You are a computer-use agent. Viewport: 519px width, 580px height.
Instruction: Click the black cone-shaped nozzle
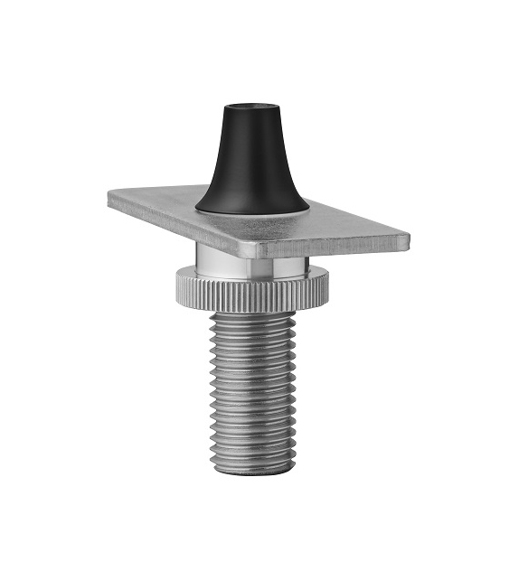[251, 167]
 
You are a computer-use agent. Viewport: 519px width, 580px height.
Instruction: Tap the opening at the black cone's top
[249, 110]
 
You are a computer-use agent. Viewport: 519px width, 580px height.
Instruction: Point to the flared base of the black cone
[252, 202]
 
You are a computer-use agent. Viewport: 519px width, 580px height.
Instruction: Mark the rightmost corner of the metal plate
[407, 239]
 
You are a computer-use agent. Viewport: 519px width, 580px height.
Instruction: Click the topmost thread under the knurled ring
[252, 319]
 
